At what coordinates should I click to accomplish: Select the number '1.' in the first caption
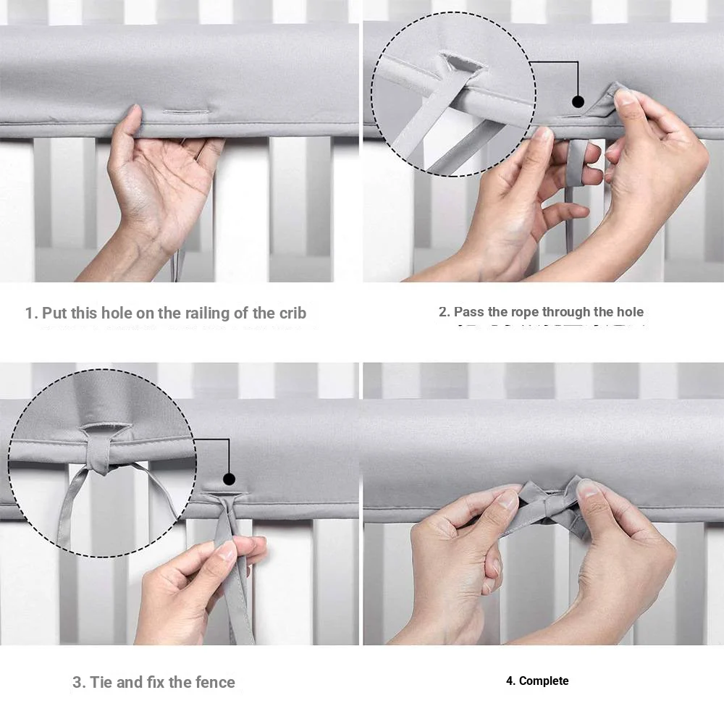(31, 313)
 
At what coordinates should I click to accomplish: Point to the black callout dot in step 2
(578, 101)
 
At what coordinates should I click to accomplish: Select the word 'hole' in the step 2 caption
(627, 312)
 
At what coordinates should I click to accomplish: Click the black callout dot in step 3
(229, 479)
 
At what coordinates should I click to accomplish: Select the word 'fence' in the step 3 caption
(214, 682)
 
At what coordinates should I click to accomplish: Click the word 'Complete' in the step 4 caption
(544, 681)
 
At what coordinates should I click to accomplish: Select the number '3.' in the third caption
(79, 682)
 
